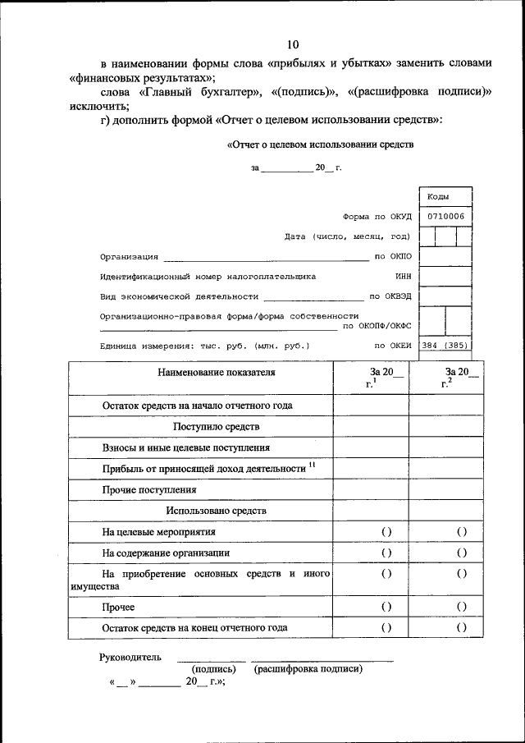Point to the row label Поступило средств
[x=217, y=427]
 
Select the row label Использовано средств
[x=217, y=511]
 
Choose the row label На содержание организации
[x=167, y=553]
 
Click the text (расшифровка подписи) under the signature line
[x=308, y=669]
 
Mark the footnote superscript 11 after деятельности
[x=313, y=465]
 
